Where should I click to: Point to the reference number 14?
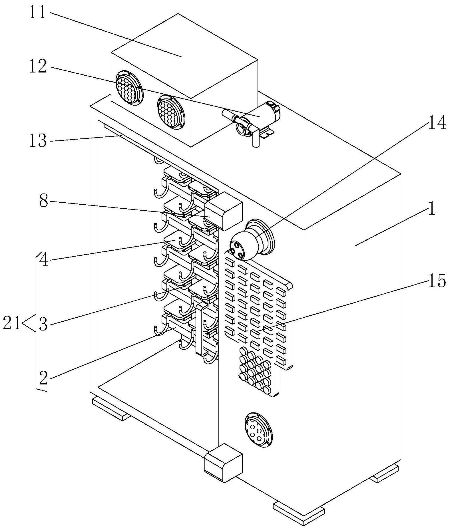click(x=436, y=124)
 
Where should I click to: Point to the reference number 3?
click(x=43, y=325)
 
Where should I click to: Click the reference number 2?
click(x=43, y=378)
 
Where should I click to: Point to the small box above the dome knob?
click(x=224, y=211)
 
